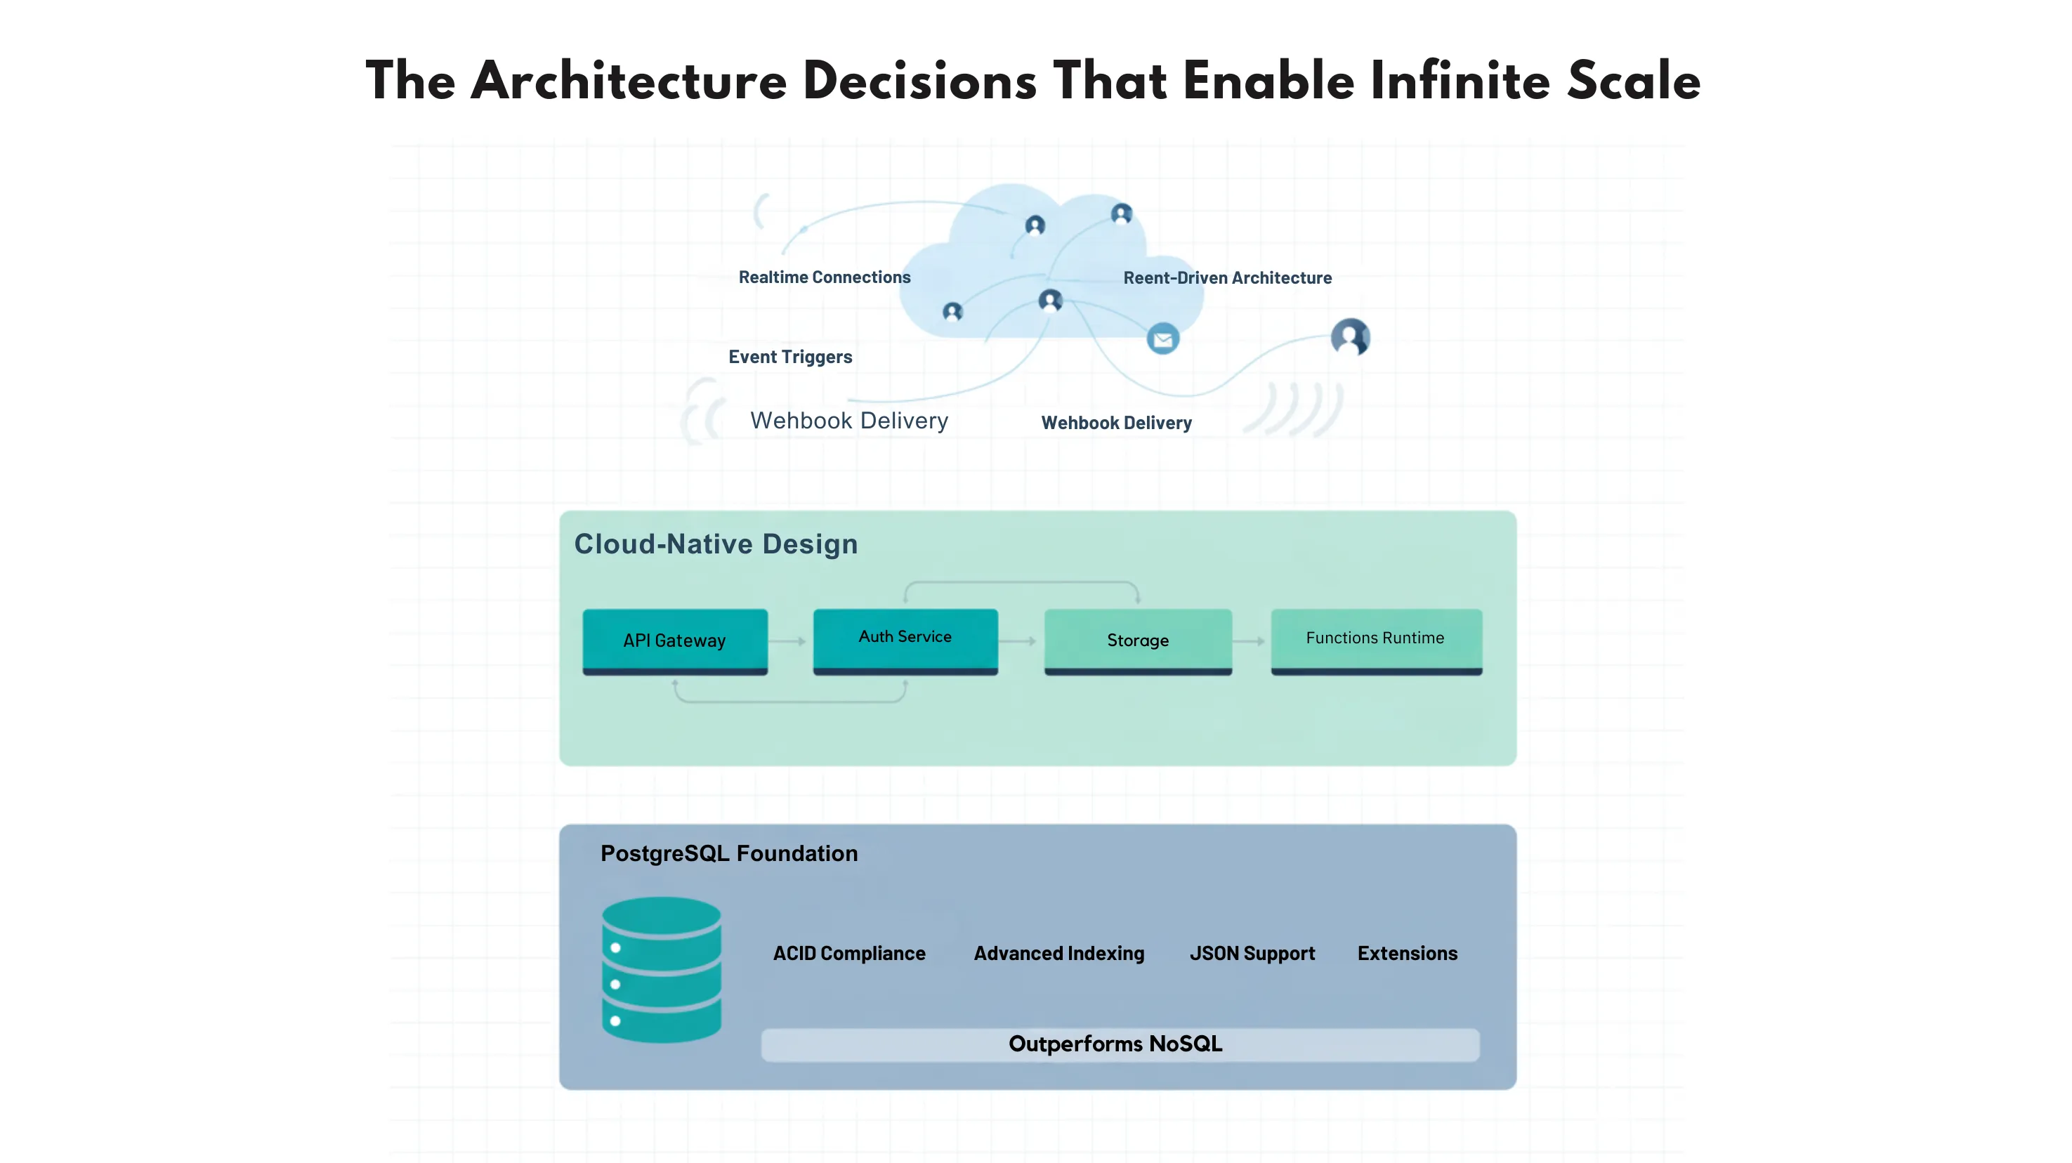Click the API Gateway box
pyautogui.click(x=674, y=640)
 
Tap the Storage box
pyautogui.click(x=1137, y=640)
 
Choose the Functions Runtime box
pyautogui.click(x=1375, y=638)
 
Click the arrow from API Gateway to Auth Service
pyautogui.click(x=788, y=641)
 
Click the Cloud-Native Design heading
pyautogui.click(x=715, y=544)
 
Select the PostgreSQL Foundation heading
pyautogui.click(x=729, y=853)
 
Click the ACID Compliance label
pyautogui.click(x=848, y=953)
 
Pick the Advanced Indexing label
pyautogui.click(x=1058, y=953)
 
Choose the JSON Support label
pyautogui.click(x=1252, y=953)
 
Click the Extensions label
pyautogui.click(x=1407, y=953)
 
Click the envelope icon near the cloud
pyautogui.click(x=1162, y=339)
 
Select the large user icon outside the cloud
pyautogui.click(x=1350, y=336)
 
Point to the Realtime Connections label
pyautogui.click(x=825, y=277)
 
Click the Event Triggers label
pyautogui.click(x=790, y=357)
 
